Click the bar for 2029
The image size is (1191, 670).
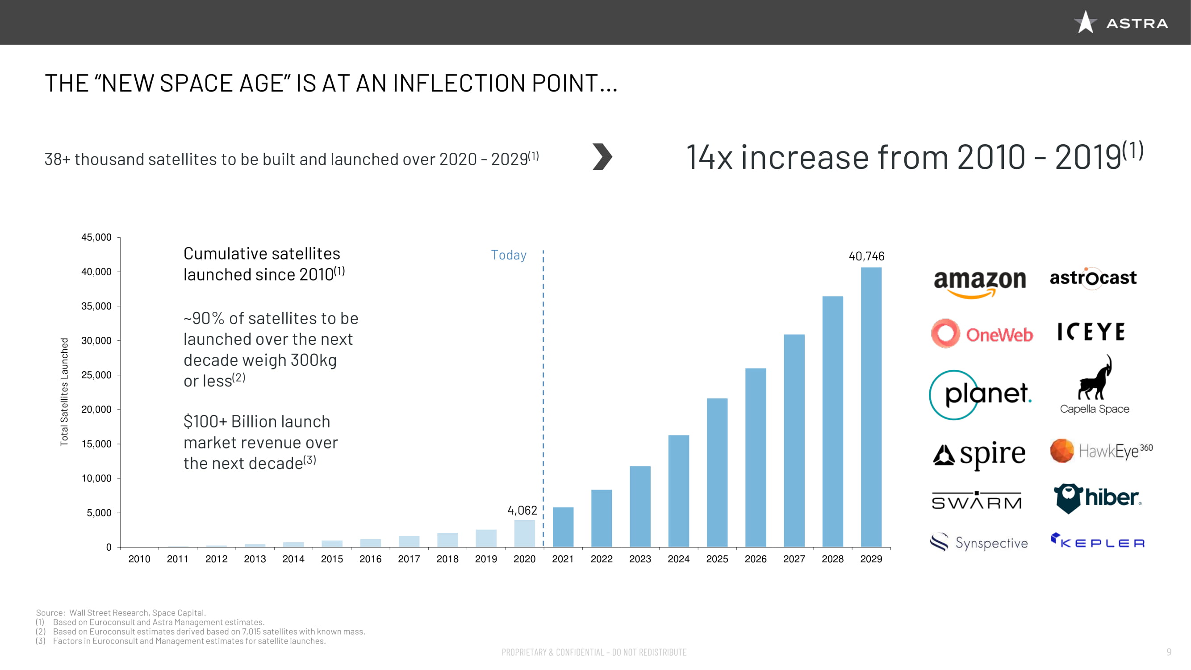[x=871, y=407]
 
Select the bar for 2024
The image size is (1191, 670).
[x=678, y=490]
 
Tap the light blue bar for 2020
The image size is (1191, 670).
[x=524, y=533]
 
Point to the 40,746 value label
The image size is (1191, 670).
[x=866, y=256]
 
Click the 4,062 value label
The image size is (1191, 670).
[x=522, y=510]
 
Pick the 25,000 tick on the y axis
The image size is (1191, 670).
[x=96, y=375]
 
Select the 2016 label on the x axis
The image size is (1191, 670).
[x=370, y=559]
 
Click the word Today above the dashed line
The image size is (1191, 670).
[x=509, y=255]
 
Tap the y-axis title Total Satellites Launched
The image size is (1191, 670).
[x=64, y=392]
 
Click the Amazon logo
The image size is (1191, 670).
[x=979, y=282]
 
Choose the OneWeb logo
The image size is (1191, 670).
[x=982, y=334]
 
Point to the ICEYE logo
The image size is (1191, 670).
[x=1091, y=332]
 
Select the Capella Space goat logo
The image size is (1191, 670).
[x=1095, y=384]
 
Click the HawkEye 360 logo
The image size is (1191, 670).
[x=1101, y=450]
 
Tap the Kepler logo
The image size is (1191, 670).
[x=1098, y=541]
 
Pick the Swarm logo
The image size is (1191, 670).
[x=977, y=501]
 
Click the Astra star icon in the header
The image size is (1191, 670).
[x=1085, y=22]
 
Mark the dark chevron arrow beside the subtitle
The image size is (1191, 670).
[x=602, y=157]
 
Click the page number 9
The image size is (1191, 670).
[x=1169, y=652]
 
